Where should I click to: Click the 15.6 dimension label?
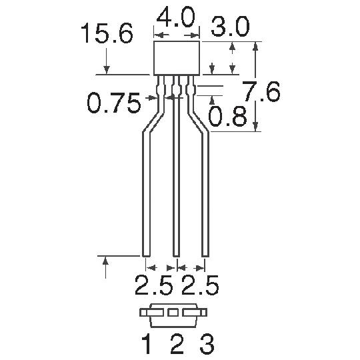(107, 33)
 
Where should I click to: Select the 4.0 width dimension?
(175, 17)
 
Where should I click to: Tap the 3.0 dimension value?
(230, 27)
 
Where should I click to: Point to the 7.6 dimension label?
(262, 91)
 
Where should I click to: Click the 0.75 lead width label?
(114, 103)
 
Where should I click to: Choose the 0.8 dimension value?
(227, 117)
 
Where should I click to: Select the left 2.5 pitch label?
(154, 285)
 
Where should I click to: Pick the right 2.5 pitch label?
(200, 285)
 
